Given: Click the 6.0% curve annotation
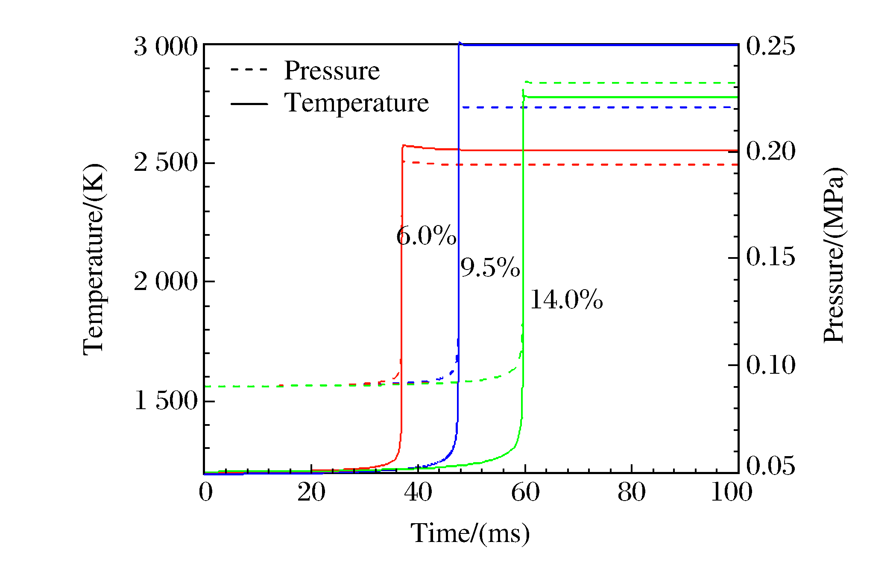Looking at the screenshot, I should (x=426, y=236).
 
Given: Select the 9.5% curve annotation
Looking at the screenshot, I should (x=490, y=268).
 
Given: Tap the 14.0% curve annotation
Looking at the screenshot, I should (x=566, y=299).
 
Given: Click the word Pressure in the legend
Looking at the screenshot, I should (x=332, y=70).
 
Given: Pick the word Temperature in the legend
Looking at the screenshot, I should (x=356, y=103).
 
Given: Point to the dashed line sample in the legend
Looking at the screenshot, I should (x=249, y=70).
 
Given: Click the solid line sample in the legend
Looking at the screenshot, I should (x=249, y=103).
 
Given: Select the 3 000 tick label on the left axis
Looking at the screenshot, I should (x=166, y=47).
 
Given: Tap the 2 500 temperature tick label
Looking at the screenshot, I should (x=166, y=163).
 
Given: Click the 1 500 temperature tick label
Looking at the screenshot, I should (x=166, y=401).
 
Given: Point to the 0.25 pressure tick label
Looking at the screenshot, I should (x=770, y=46).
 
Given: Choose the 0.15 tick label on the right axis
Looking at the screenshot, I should (x=770, y=257).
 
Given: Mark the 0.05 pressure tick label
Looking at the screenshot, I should (x=770, y=465).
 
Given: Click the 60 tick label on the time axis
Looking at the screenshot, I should (x=525, y=492).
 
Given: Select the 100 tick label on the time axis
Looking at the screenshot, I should (x=731, y=492).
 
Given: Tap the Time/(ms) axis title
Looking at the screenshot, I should (x=470, y=533).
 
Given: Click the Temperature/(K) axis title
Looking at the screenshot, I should (x=94, y=259).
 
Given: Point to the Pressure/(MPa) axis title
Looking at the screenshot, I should (x=834, y=255).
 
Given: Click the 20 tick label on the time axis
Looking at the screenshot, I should (x=311, y=492).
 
